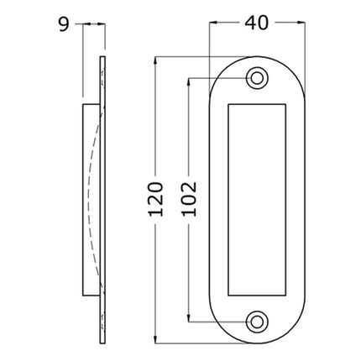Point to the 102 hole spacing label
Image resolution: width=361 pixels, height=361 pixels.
[188, 199]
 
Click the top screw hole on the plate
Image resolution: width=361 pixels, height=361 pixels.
[256, 78]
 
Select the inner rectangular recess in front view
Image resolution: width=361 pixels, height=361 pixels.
[256, 199]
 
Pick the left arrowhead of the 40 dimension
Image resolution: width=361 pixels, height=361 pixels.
[213, 24]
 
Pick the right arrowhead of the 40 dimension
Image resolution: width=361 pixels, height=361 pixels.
[299, 24]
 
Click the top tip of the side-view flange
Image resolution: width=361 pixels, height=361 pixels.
[102, 59]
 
